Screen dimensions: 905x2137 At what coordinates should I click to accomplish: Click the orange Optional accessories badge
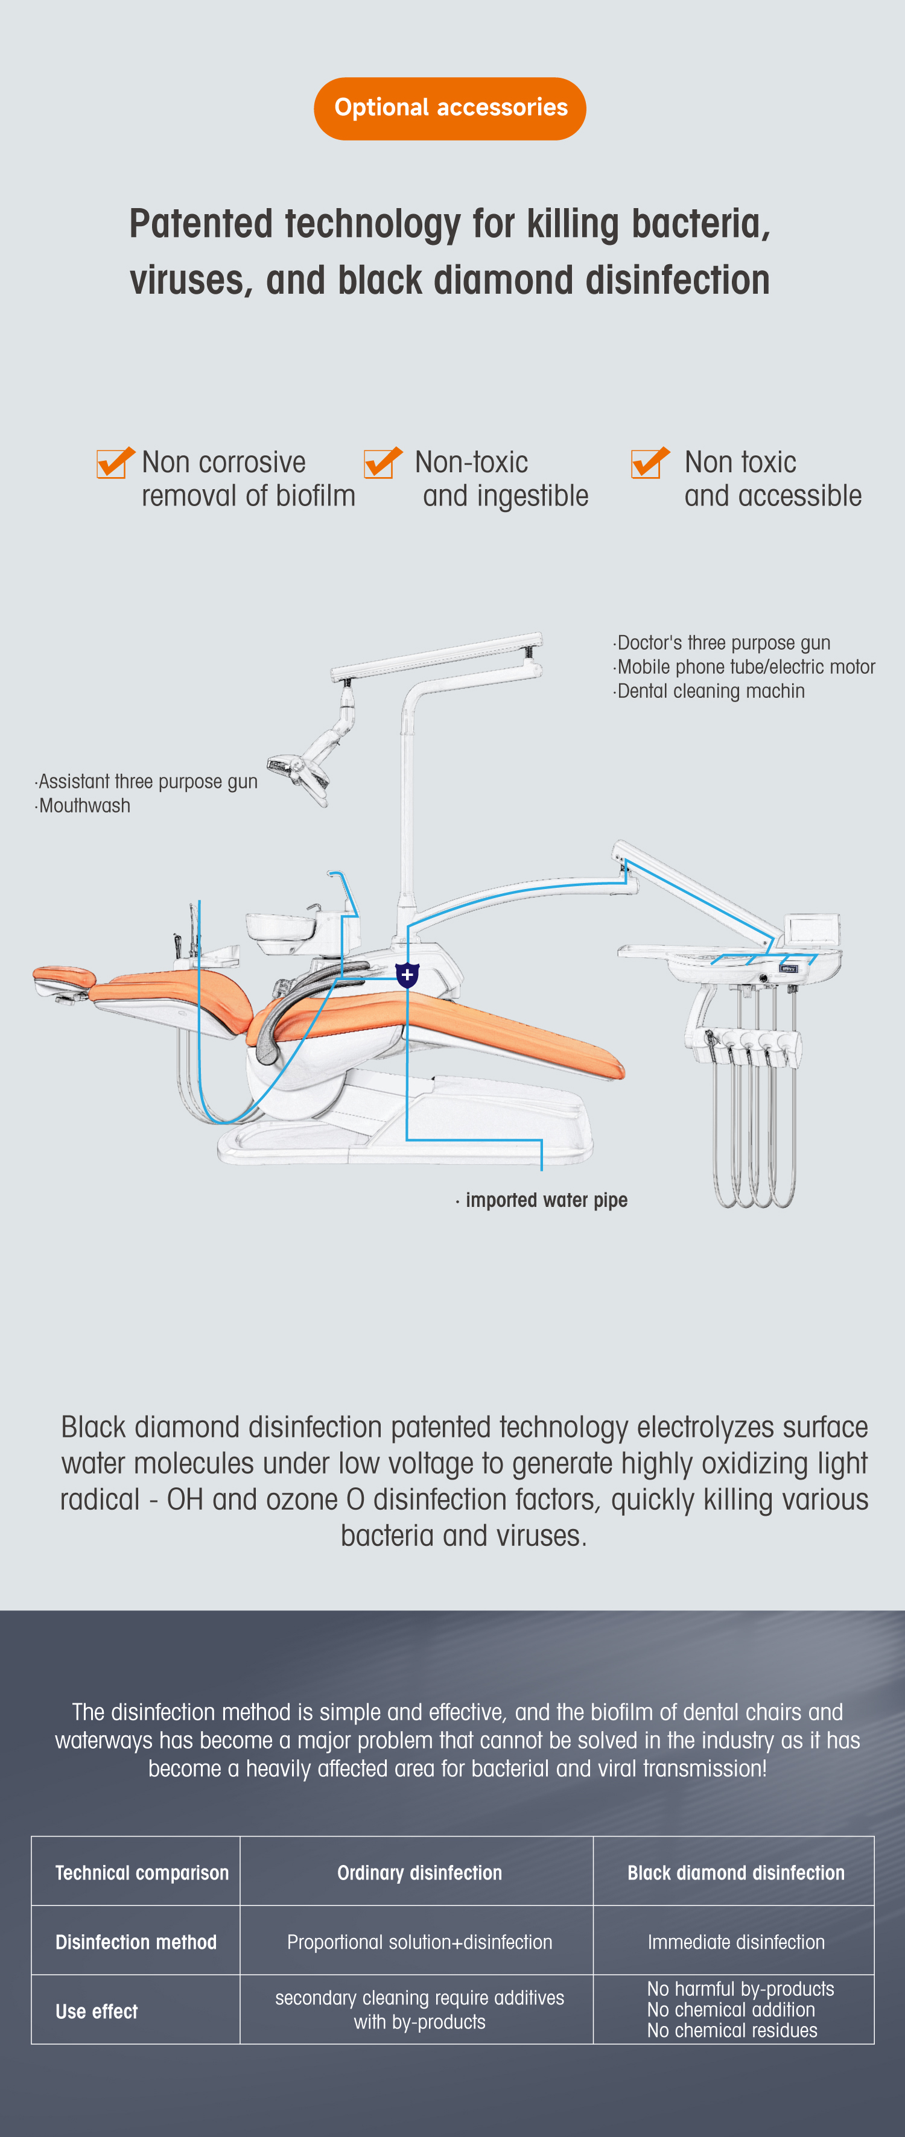pos(451,109)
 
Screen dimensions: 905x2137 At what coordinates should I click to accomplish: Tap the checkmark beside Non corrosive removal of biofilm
pos(115,463)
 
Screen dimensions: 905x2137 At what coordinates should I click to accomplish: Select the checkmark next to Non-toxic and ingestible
pos(383,463)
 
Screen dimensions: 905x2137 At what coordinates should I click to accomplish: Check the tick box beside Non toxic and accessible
pos(650,463)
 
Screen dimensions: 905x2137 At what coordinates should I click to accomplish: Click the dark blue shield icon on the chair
pos(407,975)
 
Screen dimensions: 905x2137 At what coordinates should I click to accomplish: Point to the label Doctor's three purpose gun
pos(722,643)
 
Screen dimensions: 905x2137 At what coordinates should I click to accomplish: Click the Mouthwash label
pos(82,806)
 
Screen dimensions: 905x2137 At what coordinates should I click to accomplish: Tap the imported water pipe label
pos(542,1200)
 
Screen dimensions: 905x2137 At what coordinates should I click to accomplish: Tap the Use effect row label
pos(97,2011)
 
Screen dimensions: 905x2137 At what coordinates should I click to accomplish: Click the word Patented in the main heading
pos(202,224)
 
